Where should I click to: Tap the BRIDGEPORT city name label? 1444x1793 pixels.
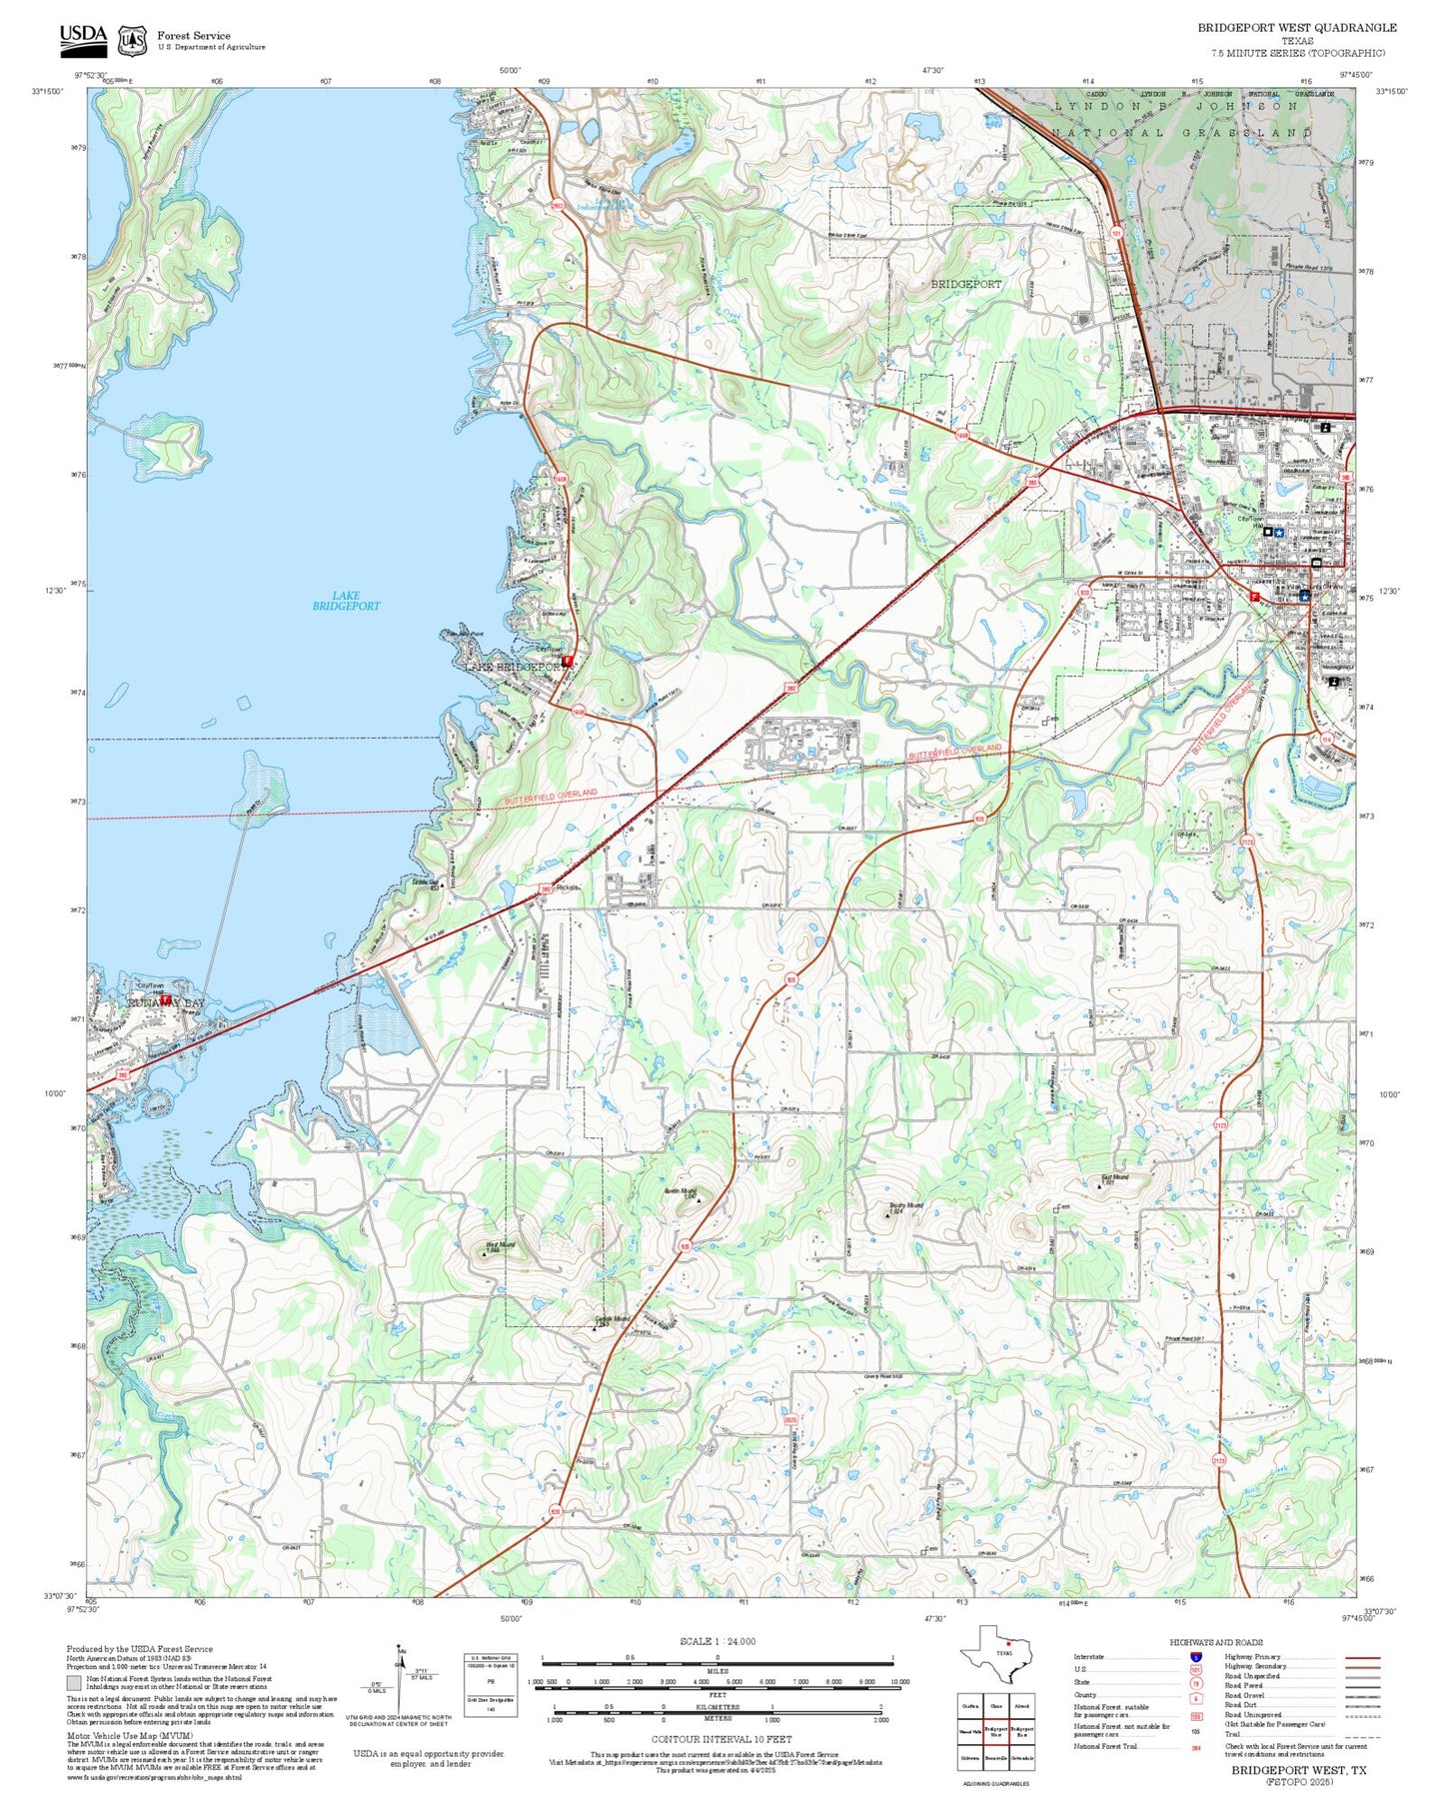coord(965,284)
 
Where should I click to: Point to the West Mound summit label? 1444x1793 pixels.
coord(500,1246)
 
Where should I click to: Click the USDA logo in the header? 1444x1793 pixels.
coord(83,38)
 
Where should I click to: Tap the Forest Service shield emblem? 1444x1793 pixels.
coord(132,41)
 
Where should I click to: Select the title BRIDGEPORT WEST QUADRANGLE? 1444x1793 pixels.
coord(1297,28)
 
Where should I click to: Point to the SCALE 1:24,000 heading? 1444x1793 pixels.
coord(718,1641)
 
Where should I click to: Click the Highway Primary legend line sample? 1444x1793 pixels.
coord(1361,1657)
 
